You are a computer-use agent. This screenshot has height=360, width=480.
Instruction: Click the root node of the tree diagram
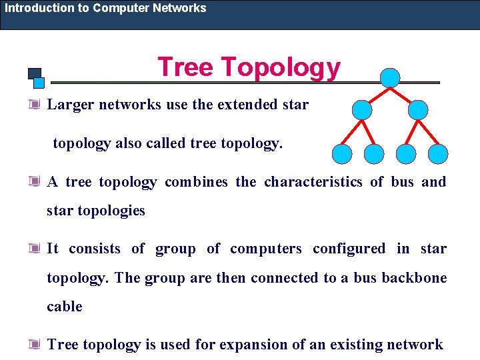pos(389,78)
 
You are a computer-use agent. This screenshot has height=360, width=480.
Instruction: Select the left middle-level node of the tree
pos(361,110)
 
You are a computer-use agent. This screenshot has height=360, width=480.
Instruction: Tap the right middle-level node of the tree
pos(417,110)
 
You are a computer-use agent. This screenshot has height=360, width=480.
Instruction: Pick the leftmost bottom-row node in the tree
pos(343,154)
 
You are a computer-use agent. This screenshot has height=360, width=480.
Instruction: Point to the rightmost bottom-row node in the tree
pos(437,154)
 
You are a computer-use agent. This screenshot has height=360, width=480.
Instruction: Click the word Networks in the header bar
pos(179,8)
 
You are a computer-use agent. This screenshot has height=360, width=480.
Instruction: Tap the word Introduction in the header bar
pos(39,8)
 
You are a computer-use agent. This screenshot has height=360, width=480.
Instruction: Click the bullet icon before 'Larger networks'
pos(34,105)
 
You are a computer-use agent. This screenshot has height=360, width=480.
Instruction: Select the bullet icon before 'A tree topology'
pos(34,182)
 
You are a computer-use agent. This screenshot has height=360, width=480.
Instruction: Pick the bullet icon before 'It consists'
pos(34,249)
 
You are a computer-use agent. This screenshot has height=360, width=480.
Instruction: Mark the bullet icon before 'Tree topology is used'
pos(34,345)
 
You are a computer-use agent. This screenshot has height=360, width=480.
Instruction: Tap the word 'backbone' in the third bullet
pos(414,277)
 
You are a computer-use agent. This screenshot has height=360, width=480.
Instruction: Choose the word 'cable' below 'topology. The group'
pos(65,307)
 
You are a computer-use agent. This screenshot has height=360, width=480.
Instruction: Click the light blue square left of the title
pos(39,83)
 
